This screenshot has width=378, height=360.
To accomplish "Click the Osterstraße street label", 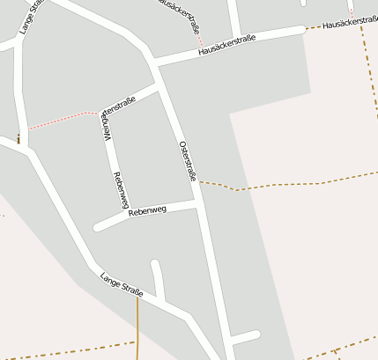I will pos(187,160).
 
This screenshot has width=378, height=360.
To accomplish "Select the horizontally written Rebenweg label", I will pos(147,211).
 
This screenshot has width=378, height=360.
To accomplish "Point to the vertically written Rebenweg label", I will pos(116,189).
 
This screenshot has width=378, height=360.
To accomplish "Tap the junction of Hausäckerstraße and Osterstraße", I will pos(154,62).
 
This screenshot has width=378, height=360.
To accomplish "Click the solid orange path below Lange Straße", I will pos(137,330).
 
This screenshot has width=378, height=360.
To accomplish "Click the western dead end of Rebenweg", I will pos(98,227).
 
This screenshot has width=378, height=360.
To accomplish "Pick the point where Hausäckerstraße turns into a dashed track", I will pos(306,29).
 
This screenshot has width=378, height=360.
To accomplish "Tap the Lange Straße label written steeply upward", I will pos(30,17).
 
